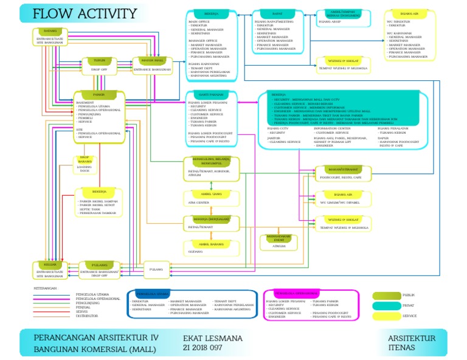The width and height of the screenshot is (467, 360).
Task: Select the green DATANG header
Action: pyautogui.click(x=50, y=32)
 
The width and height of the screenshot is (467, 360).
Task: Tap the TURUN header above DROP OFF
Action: pyautogui.click(x=99, y=61)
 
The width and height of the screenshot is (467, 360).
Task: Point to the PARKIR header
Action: pyautogui.click(x=99, y=95)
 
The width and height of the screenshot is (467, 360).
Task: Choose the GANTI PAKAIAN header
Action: pyautogui.click(x=209, y=95)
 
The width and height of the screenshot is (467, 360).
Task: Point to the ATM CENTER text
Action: pyautogui.click(x=198, y=202)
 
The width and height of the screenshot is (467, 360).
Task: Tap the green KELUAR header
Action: pyautogui.click(x=50, y=264)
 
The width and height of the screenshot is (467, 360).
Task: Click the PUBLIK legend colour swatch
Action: pyautogui.click(x=385, y=295)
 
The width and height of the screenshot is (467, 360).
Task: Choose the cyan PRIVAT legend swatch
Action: pyautogui.click(x=385, y=306)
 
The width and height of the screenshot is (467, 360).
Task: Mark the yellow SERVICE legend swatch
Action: pyautogui.click(x=385, y=316)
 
